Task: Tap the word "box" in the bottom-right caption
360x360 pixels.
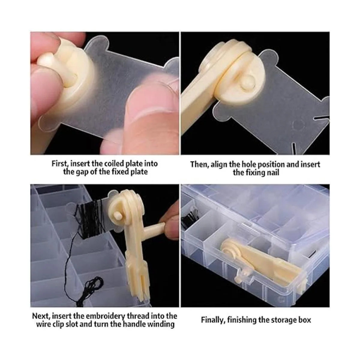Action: point(305,320)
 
